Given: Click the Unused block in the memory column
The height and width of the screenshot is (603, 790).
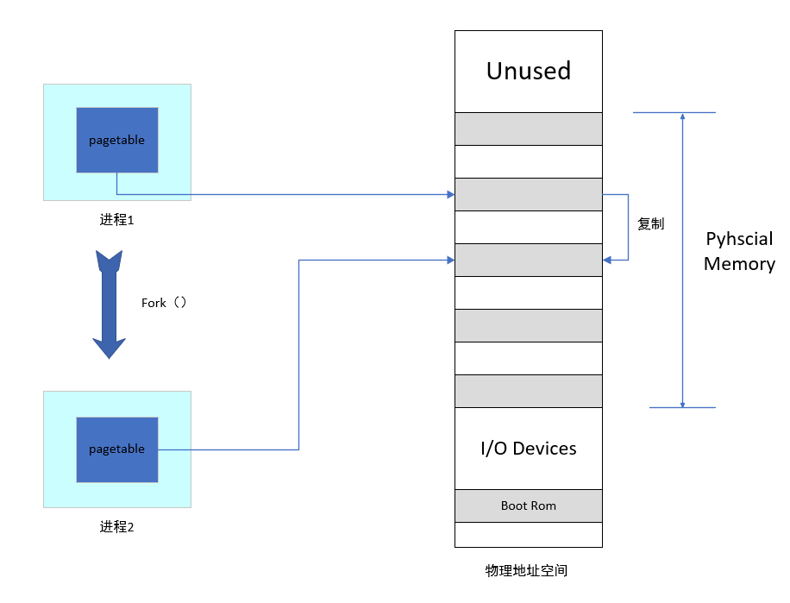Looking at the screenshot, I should coord(528,71).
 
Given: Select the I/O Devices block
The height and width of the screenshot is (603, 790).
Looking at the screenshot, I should coord(528,449).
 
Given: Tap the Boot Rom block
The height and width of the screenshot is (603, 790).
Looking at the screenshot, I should coord(528,506).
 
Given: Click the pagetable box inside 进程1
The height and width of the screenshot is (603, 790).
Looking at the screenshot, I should coord(117,140).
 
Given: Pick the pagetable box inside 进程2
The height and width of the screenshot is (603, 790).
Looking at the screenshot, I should coord(117,449).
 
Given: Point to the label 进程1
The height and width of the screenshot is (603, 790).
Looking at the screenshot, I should coord(117,220).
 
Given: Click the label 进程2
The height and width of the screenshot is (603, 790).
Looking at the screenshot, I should coord(117,527).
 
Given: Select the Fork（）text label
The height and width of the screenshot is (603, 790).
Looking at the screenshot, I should coord(165,304).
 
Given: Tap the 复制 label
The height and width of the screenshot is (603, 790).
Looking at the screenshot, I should coord(650,224).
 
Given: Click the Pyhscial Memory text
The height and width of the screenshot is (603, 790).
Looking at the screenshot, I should coord(739,251).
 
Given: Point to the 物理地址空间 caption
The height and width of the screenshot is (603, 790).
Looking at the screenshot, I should coord(527,571).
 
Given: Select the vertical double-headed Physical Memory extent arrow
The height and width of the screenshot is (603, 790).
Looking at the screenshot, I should coord(682,260).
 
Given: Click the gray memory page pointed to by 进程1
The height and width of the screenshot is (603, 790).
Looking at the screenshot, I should coord(528,194).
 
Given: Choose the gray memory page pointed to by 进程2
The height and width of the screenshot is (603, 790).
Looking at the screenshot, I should coord(528,260).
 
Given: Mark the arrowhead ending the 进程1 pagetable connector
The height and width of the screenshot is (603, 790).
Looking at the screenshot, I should coord(450,195).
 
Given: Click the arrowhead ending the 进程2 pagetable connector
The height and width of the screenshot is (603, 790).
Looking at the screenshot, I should coord(450,259).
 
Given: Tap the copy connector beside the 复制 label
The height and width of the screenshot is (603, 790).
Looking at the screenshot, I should coord(628,227).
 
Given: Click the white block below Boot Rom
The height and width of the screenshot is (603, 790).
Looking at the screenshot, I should coord(528,534).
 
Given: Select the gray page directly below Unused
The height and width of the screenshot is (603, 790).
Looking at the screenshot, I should coord(528,129).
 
